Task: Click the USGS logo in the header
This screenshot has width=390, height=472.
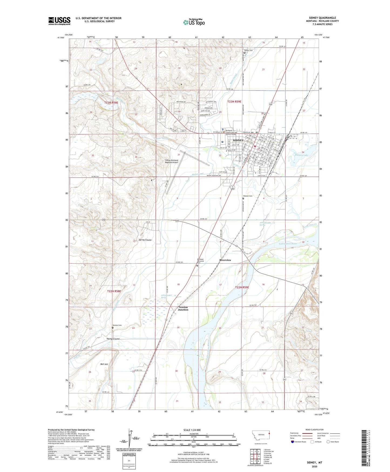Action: click(59, 21)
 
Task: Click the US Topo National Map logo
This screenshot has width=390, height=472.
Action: click(194, 22)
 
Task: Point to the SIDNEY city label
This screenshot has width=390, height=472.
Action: click(238, 140)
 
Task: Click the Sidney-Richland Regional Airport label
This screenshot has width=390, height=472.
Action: click(172, 161)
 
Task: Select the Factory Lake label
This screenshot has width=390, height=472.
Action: click(301, 155)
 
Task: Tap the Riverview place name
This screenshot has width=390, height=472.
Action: click(225, 260)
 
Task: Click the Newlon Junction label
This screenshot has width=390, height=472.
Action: click(183, 308)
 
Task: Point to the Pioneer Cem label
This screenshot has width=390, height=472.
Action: click(247, 196)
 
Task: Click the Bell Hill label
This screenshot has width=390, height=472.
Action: click(104, 364)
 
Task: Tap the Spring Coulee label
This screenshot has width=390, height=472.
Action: click(145, 240)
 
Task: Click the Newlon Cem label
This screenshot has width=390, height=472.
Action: click(117, 325)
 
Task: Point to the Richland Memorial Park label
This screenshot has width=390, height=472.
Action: click(200, 261)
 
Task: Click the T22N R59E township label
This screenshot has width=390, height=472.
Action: click(242, 287)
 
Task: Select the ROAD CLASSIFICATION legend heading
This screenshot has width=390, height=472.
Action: click(314, 430)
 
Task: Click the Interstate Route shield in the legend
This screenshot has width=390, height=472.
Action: click(293, 442)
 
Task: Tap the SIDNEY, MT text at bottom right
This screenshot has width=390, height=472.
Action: click(314, 463)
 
